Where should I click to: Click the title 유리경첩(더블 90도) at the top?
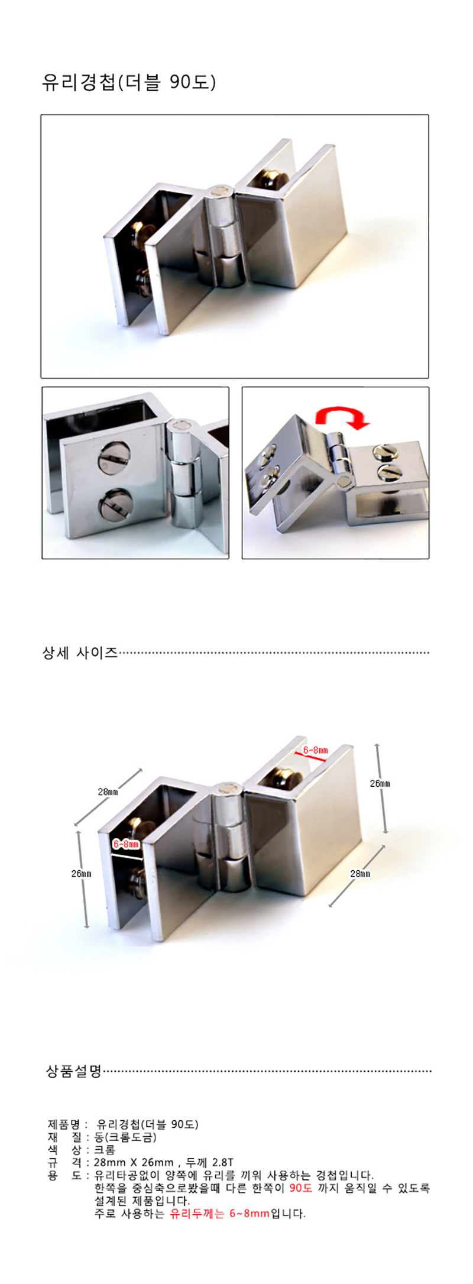click(x=129, y=82)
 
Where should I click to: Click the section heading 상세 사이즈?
click(x=80, y=653)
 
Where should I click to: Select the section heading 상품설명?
click(x=74, y=1071)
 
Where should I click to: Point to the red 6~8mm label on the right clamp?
click(x=315, y=750)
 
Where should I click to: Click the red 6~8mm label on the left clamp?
click(x=126, y=844)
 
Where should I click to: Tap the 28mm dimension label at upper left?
click(x=108, y=792)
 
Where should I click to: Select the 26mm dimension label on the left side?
click(x=82, y=873)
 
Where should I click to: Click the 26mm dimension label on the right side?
click(x=380, y=783)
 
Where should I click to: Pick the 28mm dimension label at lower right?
click(x=360, y=873)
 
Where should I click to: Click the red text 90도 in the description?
click(x=300, y=1188)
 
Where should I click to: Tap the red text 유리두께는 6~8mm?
click(x=219, y=1214)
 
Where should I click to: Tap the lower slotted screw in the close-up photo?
click(x=115, y=504)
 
